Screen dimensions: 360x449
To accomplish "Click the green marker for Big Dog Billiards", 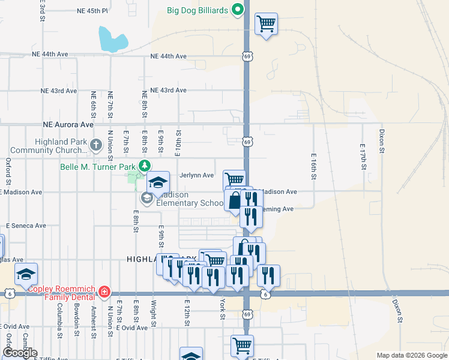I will pos(238,10).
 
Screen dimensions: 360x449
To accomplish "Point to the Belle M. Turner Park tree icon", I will pos(144,166).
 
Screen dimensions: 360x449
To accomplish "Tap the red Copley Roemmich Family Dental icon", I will pos(104,292).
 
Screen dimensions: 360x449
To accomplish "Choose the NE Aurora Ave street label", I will pos(68,125).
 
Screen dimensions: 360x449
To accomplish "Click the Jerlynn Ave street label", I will pos(196,175).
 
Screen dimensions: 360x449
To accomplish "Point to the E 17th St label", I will pos(363,157).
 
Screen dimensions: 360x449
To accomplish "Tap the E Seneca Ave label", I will pos(26,226).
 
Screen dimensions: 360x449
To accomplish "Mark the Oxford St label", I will pos(8,171).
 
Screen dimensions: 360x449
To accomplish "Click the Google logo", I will pos(20,353).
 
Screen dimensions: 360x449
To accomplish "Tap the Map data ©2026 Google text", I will pos(412,355).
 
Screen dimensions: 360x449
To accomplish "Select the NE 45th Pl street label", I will pos(92,11).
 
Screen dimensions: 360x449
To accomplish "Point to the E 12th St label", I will pos(187,313).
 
